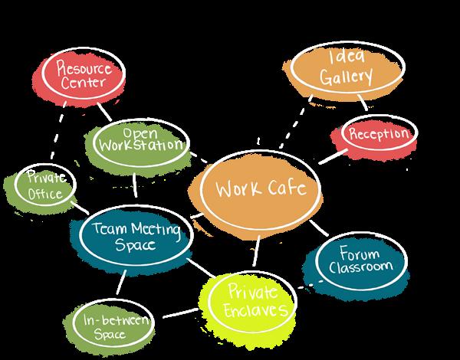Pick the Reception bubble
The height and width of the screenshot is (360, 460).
tap(378, 134)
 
